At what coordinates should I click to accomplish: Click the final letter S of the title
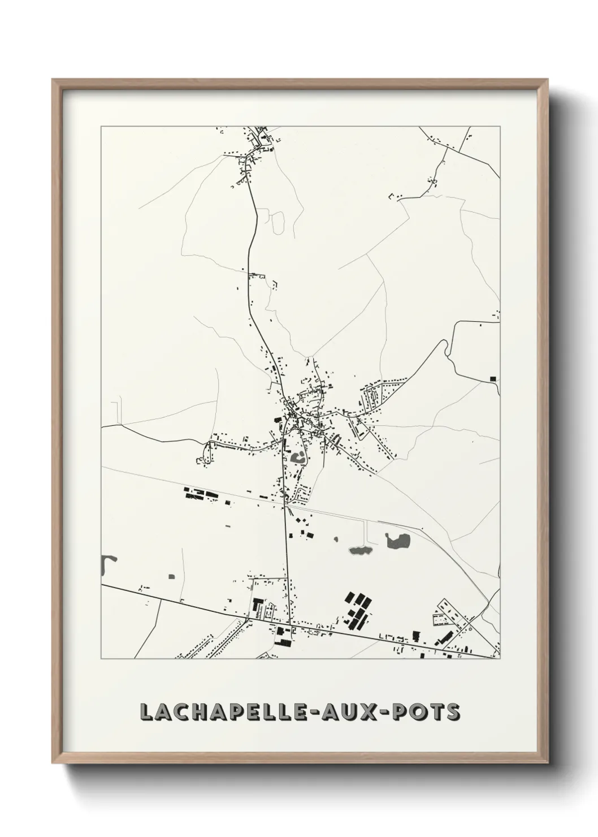point(453,712)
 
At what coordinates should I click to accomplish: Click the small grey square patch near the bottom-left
point(171,577)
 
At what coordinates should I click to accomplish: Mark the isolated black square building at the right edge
point(493,378)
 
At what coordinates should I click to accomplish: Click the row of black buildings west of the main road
point(202,495)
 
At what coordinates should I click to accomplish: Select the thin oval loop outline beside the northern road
point(278,223)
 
